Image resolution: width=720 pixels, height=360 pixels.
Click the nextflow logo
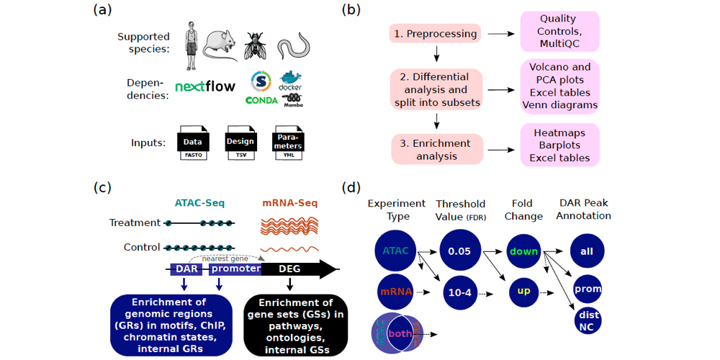[205, 87]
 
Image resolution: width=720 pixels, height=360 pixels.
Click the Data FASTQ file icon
[192, 143]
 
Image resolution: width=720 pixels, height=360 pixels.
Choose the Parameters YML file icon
[287, 143]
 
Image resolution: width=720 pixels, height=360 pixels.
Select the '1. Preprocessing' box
[435, 34]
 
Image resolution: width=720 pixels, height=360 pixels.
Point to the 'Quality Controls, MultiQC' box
[559, 31]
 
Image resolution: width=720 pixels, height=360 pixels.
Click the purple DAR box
[184, 269]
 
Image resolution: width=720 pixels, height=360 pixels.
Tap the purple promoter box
[235, 269]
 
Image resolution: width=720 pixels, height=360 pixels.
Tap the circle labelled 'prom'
[588, 289]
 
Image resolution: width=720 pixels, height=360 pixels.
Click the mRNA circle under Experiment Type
[395, 293]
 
